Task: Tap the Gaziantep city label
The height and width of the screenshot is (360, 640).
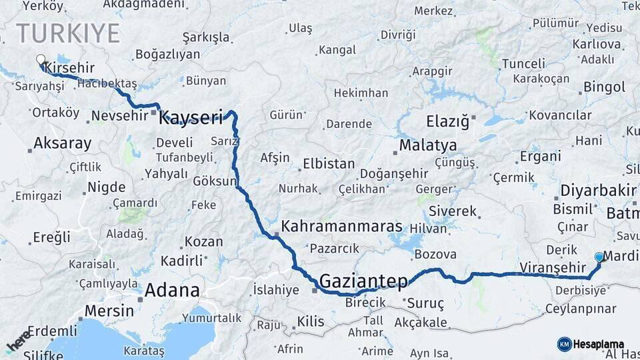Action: point(363,281)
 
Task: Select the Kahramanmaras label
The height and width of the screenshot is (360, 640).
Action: point(333,227)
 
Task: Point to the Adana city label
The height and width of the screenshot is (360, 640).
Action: point(172,291)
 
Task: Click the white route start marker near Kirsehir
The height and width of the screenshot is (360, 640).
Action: point(41,59)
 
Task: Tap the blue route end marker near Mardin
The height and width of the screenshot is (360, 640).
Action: point(599,257)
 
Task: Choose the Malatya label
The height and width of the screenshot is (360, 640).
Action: point(428,145)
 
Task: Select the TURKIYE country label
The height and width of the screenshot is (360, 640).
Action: point(68,33)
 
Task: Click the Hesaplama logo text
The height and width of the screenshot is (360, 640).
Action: point(600,344)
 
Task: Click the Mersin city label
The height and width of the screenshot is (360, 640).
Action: point(106,311)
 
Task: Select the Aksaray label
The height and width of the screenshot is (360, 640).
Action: point(62,143)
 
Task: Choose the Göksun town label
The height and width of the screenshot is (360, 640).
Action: point(215,181)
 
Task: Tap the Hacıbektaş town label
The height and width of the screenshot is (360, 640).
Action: point(107,83)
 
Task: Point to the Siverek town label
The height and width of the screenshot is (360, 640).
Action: point(453,211)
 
